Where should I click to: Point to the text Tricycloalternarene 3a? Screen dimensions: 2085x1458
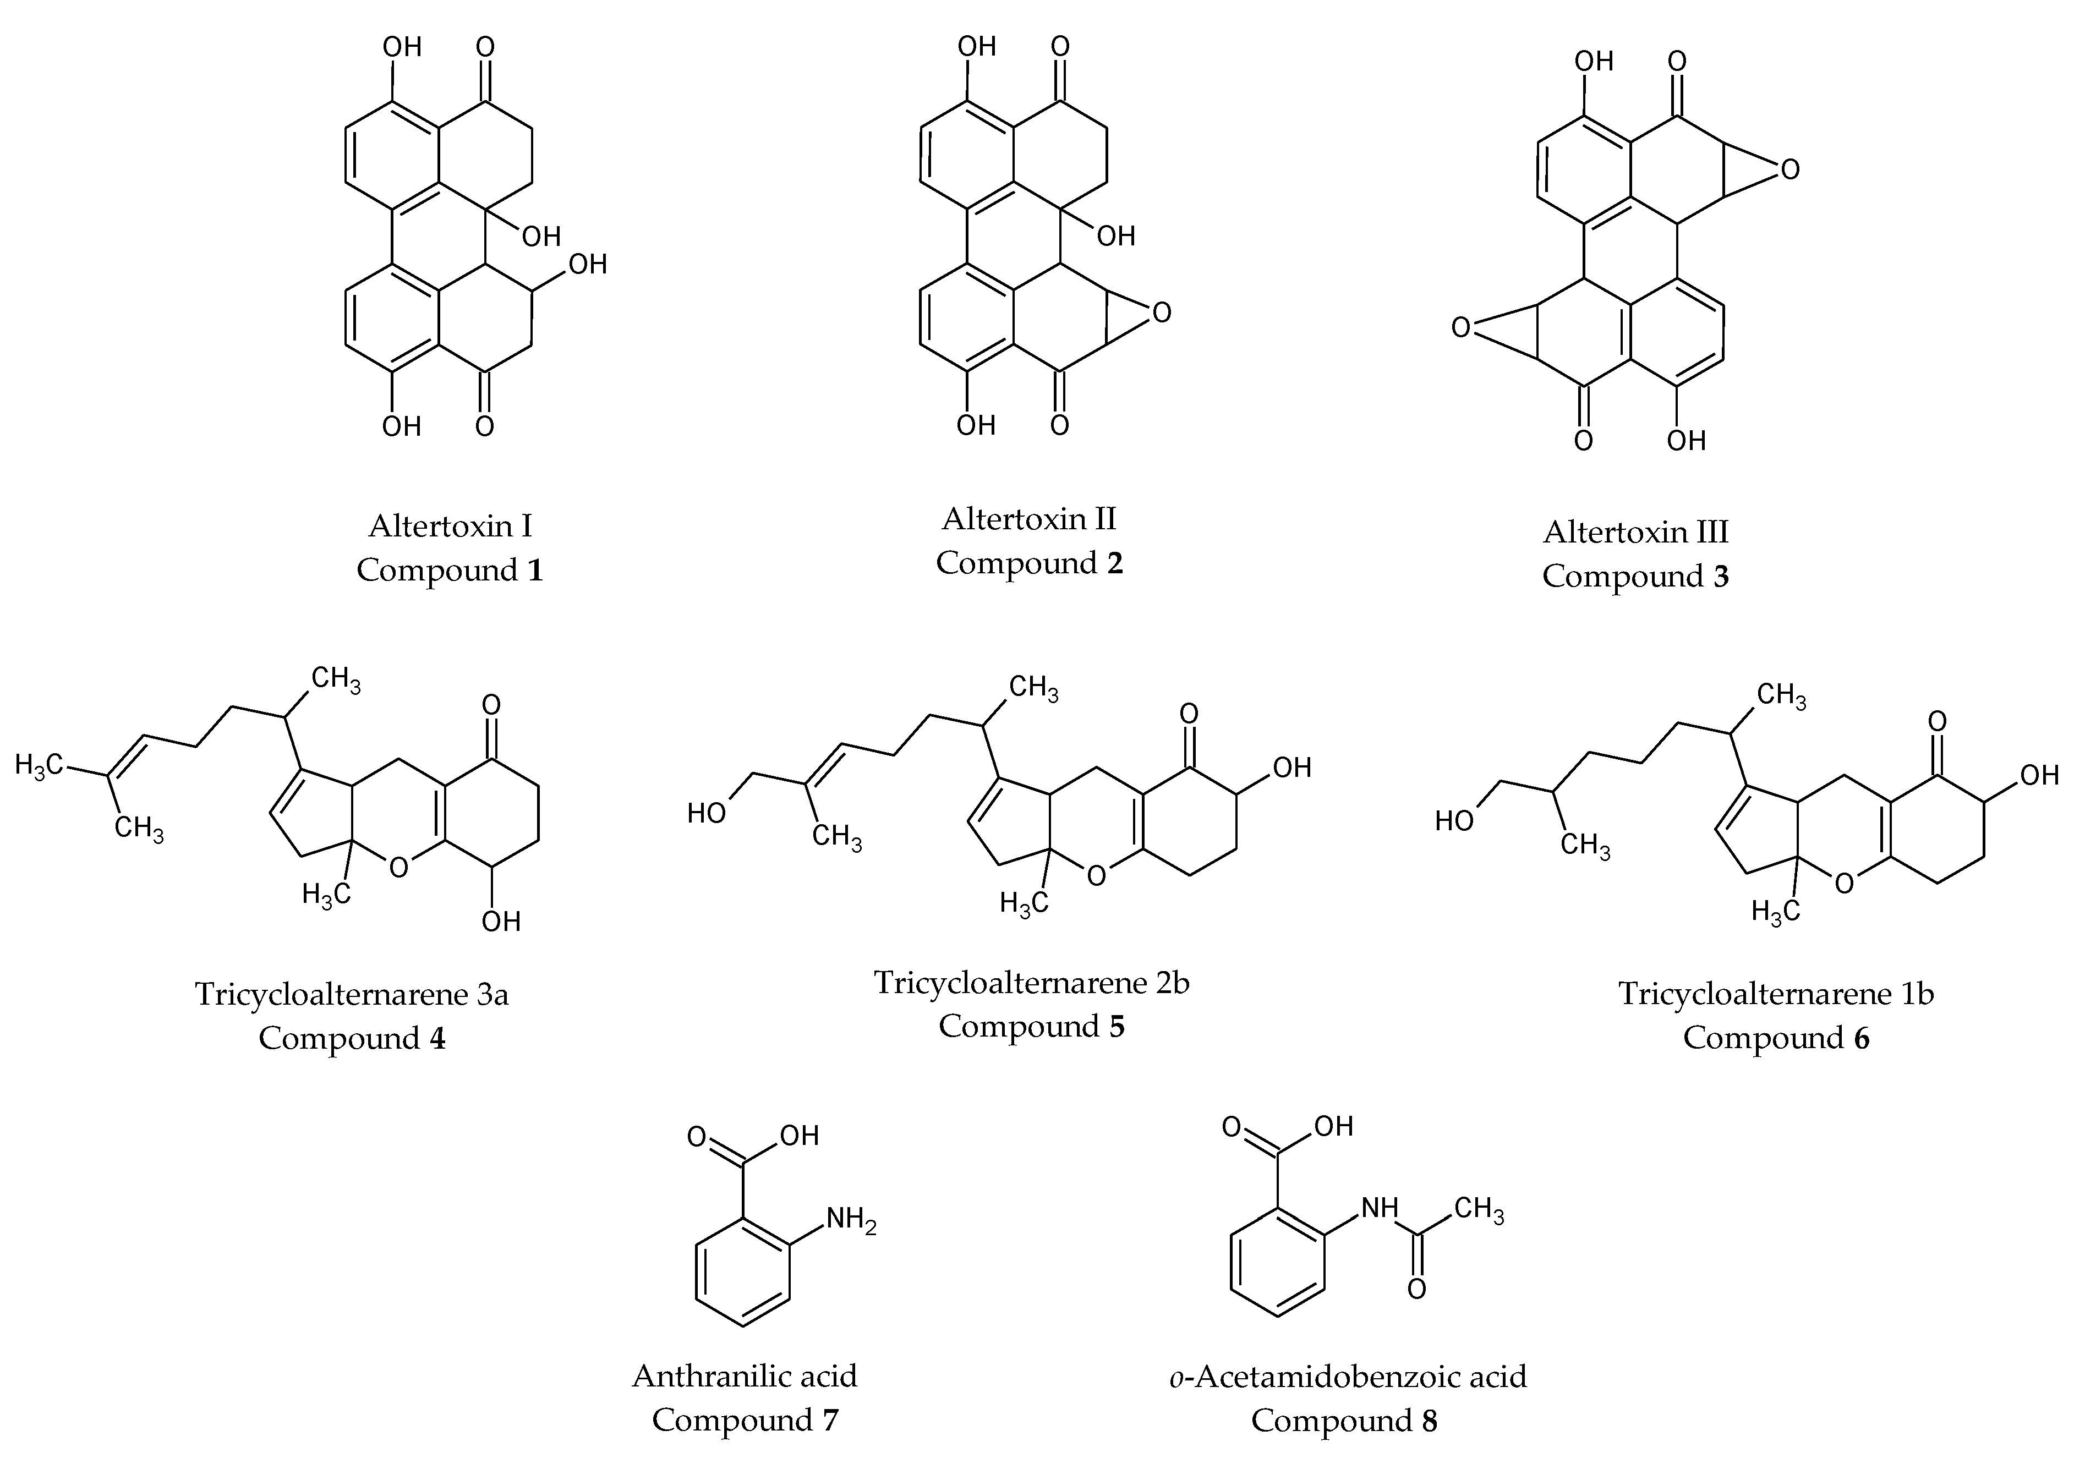(352, 994)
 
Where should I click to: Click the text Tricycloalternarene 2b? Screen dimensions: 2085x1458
(1032, 982)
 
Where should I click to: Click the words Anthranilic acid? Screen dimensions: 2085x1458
(745, 1375)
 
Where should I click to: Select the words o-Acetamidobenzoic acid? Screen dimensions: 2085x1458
(1348, 1376)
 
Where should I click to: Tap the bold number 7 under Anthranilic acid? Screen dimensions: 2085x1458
(830, 1419)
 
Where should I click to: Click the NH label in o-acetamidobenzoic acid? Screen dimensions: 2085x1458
(1380, 1208)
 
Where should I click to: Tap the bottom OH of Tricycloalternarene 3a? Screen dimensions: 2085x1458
(500, 922)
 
